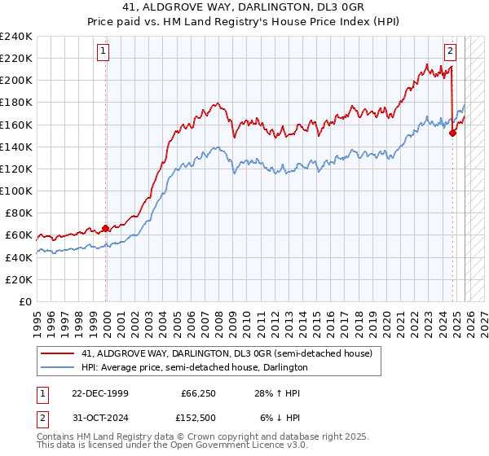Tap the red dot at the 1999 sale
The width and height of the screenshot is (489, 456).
click(106, 228)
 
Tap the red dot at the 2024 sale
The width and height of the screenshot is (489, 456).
click(452, 134)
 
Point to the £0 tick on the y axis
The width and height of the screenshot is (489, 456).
click(26, 301)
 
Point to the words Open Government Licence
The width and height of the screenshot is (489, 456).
click(232, 446)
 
